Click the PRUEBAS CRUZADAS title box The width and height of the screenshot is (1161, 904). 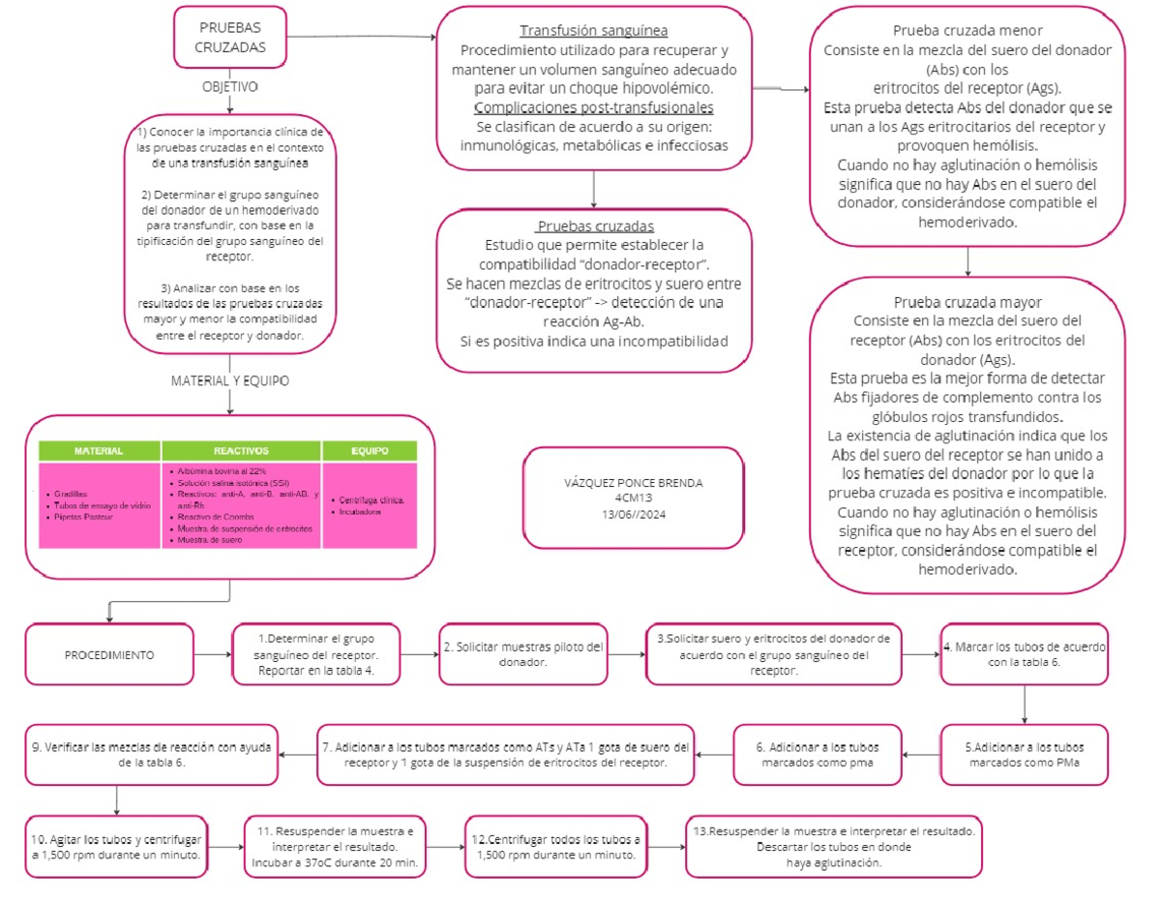click(229, 38)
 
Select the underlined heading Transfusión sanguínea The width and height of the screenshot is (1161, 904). click(593, 30)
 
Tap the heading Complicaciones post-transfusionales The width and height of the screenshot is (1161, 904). click(594, 107)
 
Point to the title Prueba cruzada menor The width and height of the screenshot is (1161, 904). click(967, 30)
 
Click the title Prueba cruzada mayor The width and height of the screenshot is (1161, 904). click(967, 303)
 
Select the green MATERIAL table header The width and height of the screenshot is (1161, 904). click(99, 451)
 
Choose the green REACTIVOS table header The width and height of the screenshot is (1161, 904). click(241, 451)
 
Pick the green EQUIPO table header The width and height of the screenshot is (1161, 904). click(370, 451)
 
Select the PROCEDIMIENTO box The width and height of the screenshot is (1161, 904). click(108, 655)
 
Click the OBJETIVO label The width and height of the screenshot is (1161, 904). click(229, 86)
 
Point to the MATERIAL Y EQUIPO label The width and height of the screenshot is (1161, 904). click(229, 380)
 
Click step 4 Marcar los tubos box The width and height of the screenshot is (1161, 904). click(1025, 654)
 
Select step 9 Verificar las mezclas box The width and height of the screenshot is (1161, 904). click(151, 754)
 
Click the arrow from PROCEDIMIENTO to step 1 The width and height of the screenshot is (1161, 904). click(212, 655)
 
